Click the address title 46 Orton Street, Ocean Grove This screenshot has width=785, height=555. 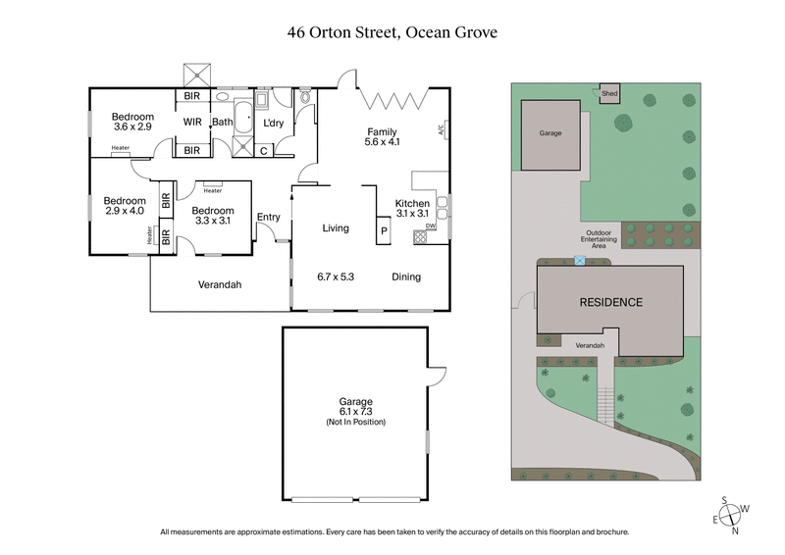tap(392, 32)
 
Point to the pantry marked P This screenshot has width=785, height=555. tap(382, 231)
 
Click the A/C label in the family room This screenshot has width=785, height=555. tap(441, 127)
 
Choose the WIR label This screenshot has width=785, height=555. tap(192, 122)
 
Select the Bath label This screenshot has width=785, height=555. tap(223, 122)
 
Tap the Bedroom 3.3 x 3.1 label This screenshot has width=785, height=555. tap(212, 216)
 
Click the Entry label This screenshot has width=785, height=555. tap(268, 218)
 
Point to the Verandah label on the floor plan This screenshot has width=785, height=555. tap(219, 284)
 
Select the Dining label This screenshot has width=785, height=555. tap(406, 277)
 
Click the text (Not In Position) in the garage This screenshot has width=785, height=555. tap(355, 422)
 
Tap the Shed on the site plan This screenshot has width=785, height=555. tap(609, 94)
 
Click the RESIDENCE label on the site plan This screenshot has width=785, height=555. tap(609, 302)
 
